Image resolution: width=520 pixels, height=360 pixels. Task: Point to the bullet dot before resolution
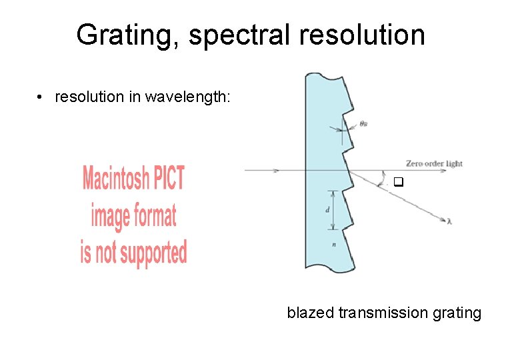click(x=41, y=97)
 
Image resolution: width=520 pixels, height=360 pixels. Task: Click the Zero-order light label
click(x=434, y=163)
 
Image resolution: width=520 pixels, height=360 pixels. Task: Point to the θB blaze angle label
click(x=364, y=123)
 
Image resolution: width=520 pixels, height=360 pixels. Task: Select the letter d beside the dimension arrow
click(x=327, y=209)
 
